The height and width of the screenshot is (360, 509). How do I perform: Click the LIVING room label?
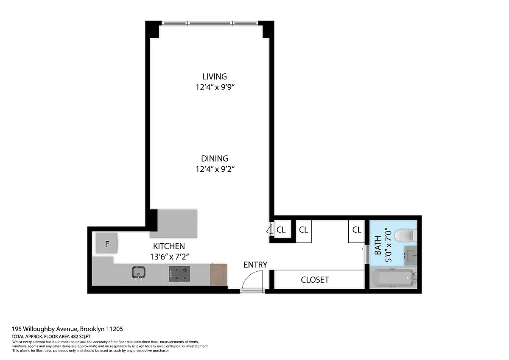click(x=215, y=77)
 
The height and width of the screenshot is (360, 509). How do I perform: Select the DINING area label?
click(x=215, y=159)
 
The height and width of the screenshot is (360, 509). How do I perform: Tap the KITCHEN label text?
click(x=169, y=246)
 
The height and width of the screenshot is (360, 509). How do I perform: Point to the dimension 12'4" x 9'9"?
click(x=215, y=87)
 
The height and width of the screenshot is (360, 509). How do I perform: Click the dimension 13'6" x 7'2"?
click(x=170, y=257)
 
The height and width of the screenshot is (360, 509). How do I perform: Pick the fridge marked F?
click(x=106, y=243)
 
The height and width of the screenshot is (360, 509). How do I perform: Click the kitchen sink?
click(x=139, y=273)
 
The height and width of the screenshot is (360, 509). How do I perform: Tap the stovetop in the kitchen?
click(x=179, y=274)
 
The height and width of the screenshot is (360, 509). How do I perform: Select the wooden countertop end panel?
click(x=218, y=275)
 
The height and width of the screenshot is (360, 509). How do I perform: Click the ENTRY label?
click(x=255, y=265)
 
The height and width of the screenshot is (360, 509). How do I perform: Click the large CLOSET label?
click(x=315, y=280)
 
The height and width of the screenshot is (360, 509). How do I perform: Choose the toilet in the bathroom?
click(x=406, y=235)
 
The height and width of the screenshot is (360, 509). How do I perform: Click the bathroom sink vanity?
click(x=411, y=256)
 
